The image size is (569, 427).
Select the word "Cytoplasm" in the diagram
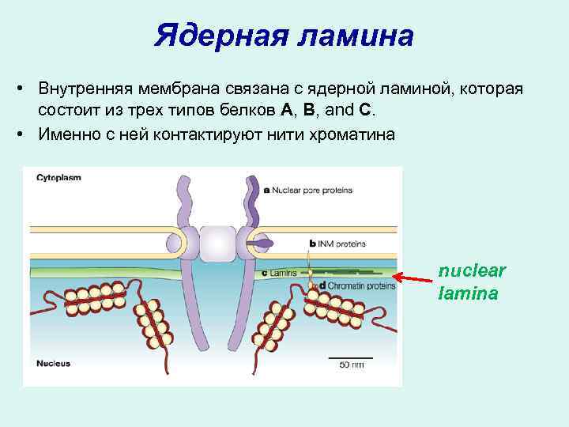58,178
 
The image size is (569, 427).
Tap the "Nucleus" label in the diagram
53,364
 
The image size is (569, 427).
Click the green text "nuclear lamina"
472,282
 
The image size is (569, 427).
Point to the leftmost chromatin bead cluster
96,300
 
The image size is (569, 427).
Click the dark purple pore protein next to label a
252,206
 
